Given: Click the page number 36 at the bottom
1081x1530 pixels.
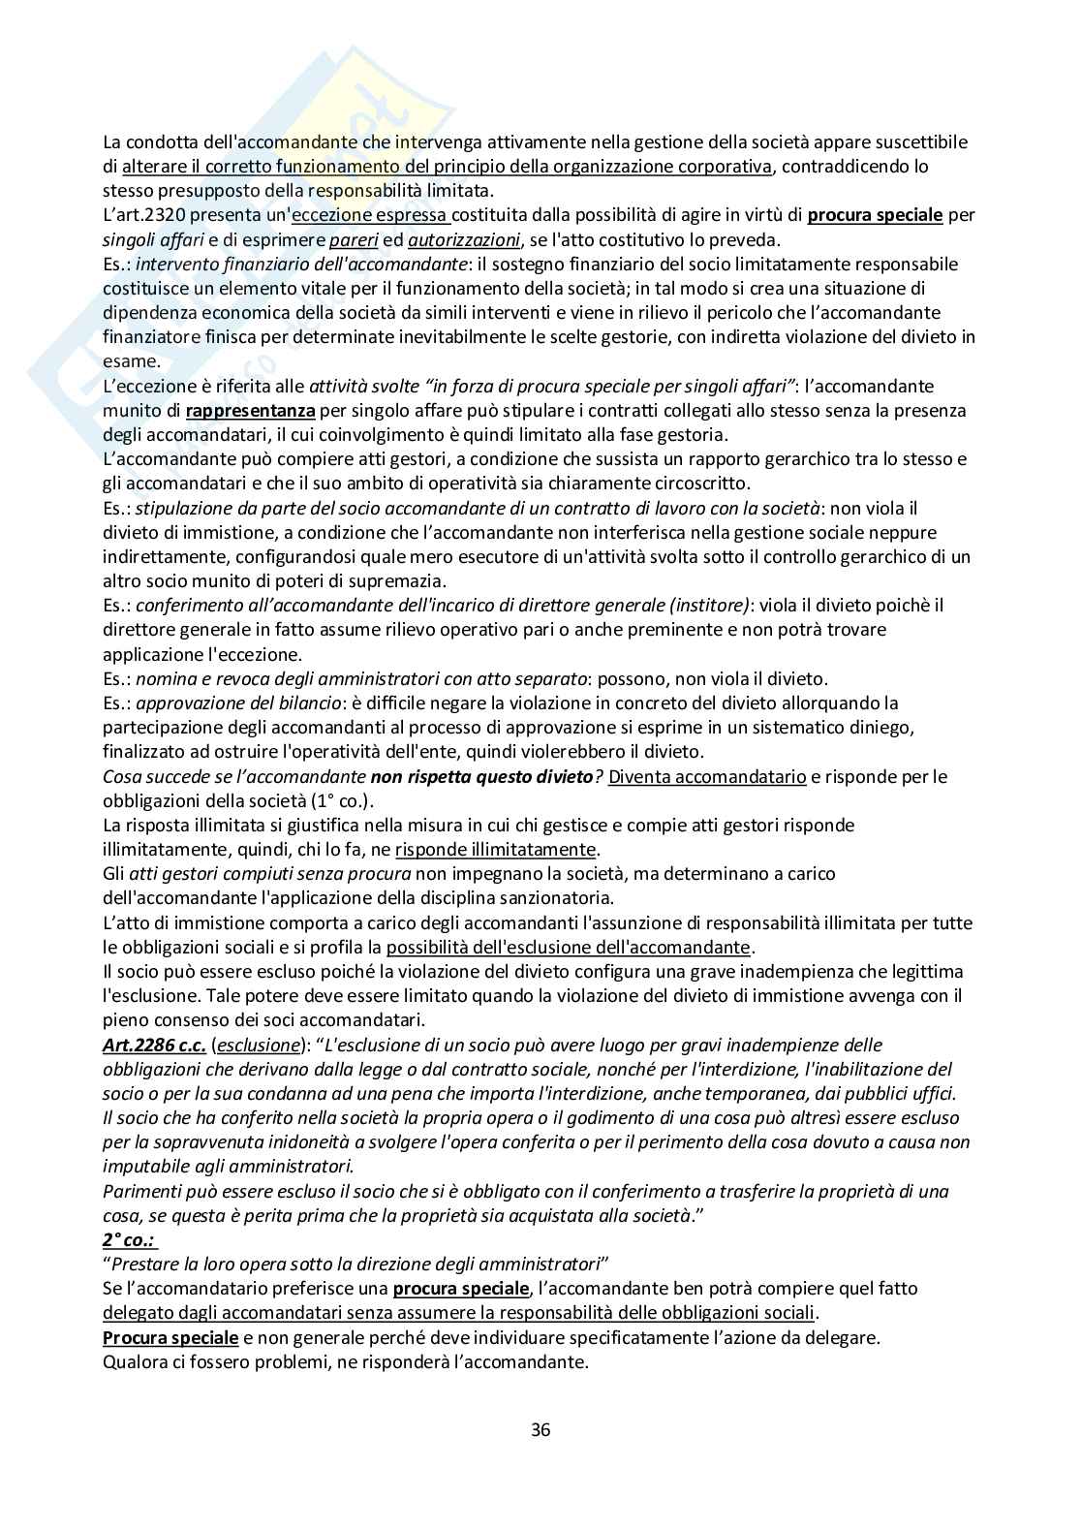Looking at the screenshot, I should pos(540,1429).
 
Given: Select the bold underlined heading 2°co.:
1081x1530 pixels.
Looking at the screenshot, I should pos(130,1239).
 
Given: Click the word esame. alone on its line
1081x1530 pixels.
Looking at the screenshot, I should pos(131,360).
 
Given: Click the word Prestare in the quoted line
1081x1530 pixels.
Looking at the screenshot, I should pos(149,1264).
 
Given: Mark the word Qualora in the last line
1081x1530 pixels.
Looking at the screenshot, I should pos(134,1361).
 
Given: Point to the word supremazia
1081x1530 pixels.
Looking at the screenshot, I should pos(402,580).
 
